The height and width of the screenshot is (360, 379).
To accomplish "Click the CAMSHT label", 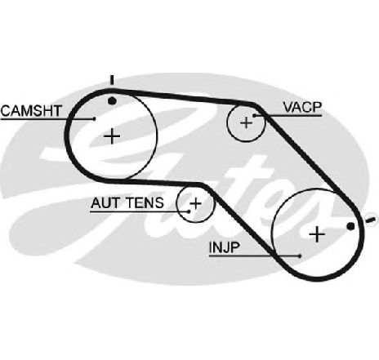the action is pyautogui.click(x=31, y=111).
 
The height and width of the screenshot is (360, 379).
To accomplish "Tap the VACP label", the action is pyautogui.click(x=302, y=107).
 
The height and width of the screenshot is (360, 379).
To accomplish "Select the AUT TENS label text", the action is pyautogui.click(x=127, y=203).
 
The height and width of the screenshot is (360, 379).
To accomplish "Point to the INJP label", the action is pyautogui.click(x=225, y=247).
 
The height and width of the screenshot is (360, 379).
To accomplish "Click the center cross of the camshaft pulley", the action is pyautogui.click(x=112, y=136).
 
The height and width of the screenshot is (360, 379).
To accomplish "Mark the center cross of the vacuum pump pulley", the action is pyautogui.click(x=247, y=122).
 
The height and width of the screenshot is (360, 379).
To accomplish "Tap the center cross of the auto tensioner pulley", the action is pyautogui.click(x=195, y=203).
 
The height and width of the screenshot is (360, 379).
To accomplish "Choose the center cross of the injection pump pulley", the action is pyautogui.click(x=317, y=234).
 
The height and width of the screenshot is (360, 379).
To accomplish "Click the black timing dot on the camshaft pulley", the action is pyautogui.click(x=112, y=101).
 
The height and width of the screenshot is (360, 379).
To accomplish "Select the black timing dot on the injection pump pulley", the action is pyautogui.click(x=350, y=226).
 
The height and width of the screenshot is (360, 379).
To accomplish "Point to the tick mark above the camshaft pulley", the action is pyautogui.click(x=112, y=80).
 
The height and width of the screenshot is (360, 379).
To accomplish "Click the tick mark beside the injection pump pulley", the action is pyautogui.click(x=372, y=220).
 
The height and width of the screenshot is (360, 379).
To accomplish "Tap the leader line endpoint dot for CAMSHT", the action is pyautogui.click(x=94, y=118).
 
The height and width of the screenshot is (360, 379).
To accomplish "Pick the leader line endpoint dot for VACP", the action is pyautogui.click(x=255, y=116).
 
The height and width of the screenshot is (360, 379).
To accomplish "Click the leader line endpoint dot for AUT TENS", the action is pyautogui.click(x=189, y=211).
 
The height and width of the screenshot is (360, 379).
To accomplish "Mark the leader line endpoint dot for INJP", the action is pyautogui.click(x=300, y=256).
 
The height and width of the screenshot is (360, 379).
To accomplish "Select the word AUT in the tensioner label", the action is pyautogui.click(x=105, y=203).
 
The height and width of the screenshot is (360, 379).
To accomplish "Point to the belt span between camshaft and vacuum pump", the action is pyautogui.click(x=185, y=96).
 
